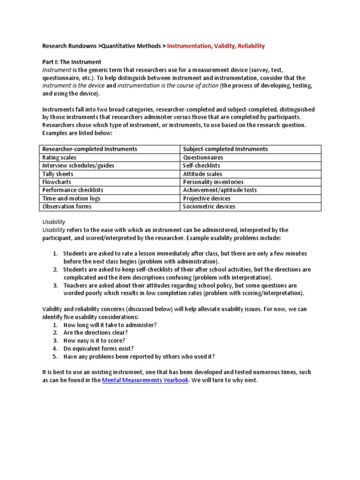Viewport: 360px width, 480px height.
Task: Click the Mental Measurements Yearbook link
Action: pos(145,380)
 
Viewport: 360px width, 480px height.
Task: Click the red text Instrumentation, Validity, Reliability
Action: pos(216,46)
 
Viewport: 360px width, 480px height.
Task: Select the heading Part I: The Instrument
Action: pos(72,62)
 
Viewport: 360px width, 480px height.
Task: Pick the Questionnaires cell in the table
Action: pos(203,157)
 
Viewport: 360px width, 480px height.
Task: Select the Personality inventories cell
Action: pos(213,182)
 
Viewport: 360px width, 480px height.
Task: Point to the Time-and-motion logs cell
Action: pos(71,198)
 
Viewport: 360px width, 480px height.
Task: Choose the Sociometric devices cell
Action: pos(209,206)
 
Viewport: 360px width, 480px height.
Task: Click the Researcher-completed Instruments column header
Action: pos(90,149)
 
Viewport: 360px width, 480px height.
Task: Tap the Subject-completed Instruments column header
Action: pos(225,149)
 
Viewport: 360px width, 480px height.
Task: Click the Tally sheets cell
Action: pos(58,174)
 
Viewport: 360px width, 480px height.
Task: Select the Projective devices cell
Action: pos(207,198)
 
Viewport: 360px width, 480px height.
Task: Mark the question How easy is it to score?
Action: pos(94,340)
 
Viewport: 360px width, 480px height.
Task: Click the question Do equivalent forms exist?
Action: pos(98,348)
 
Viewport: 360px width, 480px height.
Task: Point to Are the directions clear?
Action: pos(96,332)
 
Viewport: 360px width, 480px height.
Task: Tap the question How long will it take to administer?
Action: pos(110,324)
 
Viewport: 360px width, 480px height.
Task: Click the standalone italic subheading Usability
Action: pos(54,222)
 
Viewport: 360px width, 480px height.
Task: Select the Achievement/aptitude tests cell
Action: pos(219,190)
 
